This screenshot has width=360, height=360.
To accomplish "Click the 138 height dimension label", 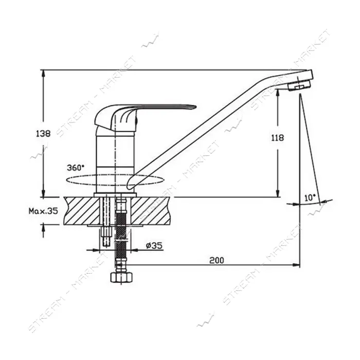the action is pos(43,133).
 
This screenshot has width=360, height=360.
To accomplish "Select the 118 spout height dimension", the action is pos(278,138).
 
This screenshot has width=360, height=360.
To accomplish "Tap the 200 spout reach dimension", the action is pos(217,260).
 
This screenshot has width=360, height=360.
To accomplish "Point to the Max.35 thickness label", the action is pos(43,211).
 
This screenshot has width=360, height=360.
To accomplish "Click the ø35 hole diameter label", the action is pos(154,246).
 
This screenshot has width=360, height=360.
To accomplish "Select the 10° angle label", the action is pos(310,197).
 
